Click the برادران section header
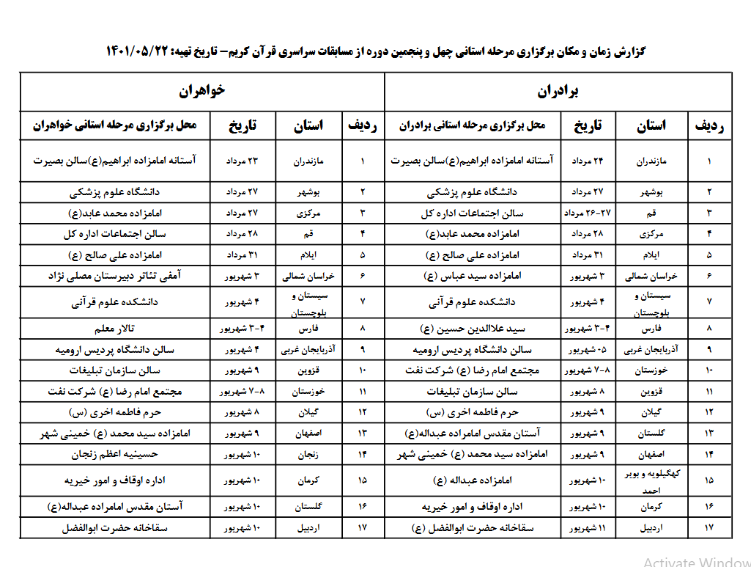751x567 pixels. (x=558, y=91)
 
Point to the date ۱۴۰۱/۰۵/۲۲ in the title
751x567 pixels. (x=138, y=52)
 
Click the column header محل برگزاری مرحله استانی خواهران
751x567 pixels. (x=115, y=126)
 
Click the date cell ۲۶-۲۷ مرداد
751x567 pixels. (x=587, y=213)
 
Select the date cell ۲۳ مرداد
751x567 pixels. (x=242, y=160)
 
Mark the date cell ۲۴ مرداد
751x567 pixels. (x=587, y=160)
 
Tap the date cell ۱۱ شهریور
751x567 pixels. (x=587, y=528)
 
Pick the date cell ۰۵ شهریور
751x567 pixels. (x=587, y=350)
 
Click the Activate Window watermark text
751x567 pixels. (x=697, y=561)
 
